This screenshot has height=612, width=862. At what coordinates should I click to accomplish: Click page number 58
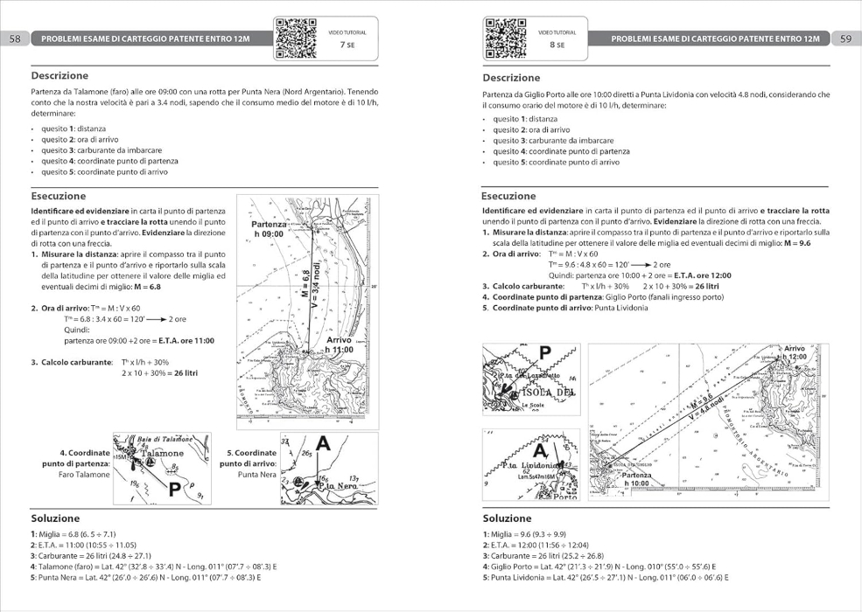click(x=15, y=39)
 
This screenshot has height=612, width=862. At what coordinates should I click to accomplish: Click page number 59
click(x=845, y=39)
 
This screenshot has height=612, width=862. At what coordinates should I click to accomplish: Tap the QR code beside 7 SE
click(x=296, y=38)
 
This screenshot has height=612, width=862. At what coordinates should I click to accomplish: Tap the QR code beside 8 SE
click(x=505, y=38)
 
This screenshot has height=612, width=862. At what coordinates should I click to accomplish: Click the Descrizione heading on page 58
click(x=60, y=76)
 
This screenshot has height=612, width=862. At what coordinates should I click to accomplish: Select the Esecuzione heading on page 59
click(x=508, y=196)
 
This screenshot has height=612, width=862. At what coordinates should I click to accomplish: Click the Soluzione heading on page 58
click(x=55, y=518)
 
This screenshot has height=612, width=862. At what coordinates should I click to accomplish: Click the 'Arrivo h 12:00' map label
click(x=794, y=353)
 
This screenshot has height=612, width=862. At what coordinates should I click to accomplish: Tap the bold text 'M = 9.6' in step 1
click(x=792, y=243)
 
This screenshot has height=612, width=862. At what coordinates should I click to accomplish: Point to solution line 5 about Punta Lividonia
click(x=605, y=578)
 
